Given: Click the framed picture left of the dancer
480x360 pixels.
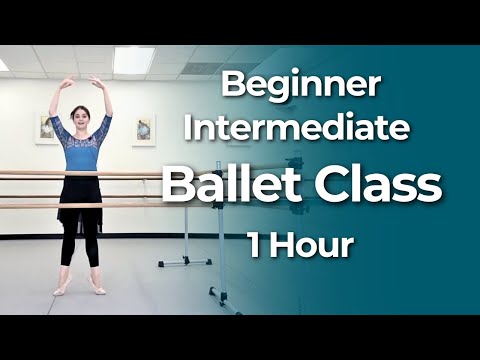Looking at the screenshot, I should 44,128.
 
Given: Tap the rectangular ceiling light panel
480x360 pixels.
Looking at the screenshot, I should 133,60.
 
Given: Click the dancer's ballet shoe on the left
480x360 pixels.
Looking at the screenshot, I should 60,291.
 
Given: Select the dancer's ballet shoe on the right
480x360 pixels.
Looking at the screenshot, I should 99,291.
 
